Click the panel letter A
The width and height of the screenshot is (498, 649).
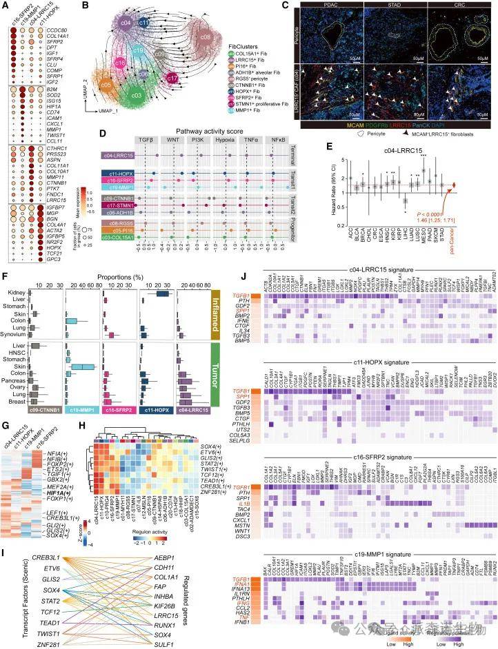click(x=6, y=6)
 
